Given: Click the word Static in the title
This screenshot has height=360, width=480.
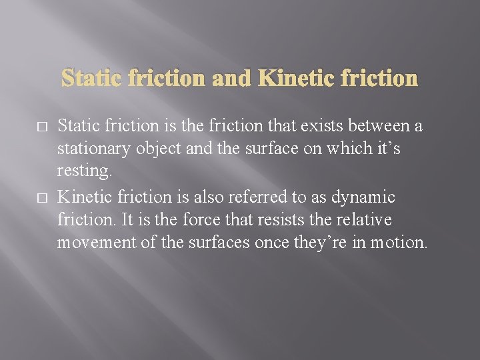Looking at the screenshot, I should [93, 79].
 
